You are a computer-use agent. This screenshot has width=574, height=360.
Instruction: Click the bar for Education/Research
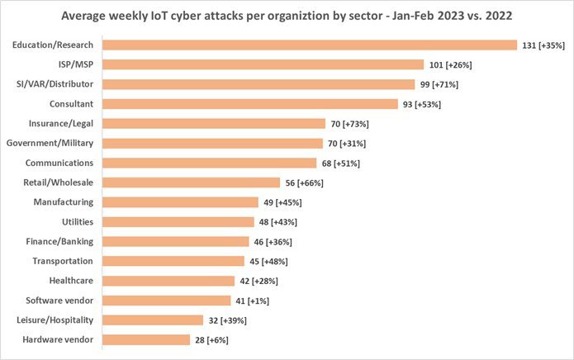pyautogui.click(x=310, y=45)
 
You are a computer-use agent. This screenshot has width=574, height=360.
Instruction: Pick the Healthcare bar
pyautogui.click(x=168, y=281)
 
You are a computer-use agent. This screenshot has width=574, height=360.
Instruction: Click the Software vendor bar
pyautogui.click(x=167, y=301)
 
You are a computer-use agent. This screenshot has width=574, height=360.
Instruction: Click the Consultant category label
pyautogui.click(x=71, y=104)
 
